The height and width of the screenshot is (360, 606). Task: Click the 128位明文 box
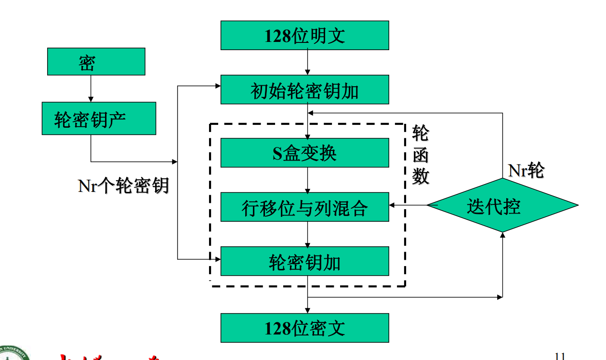304,36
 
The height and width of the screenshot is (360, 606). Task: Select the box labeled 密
96,62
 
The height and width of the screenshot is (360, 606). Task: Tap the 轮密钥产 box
99,119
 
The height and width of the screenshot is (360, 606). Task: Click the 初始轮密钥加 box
304,90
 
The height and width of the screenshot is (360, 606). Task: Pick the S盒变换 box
304,153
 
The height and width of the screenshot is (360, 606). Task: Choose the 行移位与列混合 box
304,207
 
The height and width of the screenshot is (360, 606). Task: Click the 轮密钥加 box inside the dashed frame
304,261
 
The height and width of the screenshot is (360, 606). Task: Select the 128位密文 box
304,328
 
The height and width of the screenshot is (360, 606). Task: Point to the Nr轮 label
526,170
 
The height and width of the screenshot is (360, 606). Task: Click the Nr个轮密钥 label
123,185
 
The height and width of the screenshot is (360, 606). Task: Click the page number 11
559,356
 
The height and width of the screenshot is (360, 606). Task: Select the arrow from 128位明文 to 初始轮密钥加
308,62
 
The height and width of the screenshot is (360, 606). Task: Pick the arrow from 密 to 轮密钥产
91,89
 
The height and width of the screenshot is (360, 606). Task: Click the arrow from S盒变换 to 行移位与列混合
308,180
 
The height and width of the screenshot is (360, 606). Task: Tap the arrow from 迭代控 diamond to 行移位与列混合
408,205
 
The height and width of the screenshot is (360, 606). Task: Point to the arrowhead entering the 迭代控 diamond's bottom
502,235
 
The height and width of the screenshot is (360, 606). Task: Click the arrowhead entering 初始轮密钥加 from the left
217,86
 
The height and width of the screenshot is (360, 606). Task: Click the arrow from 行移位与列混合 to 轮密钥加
308,234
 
